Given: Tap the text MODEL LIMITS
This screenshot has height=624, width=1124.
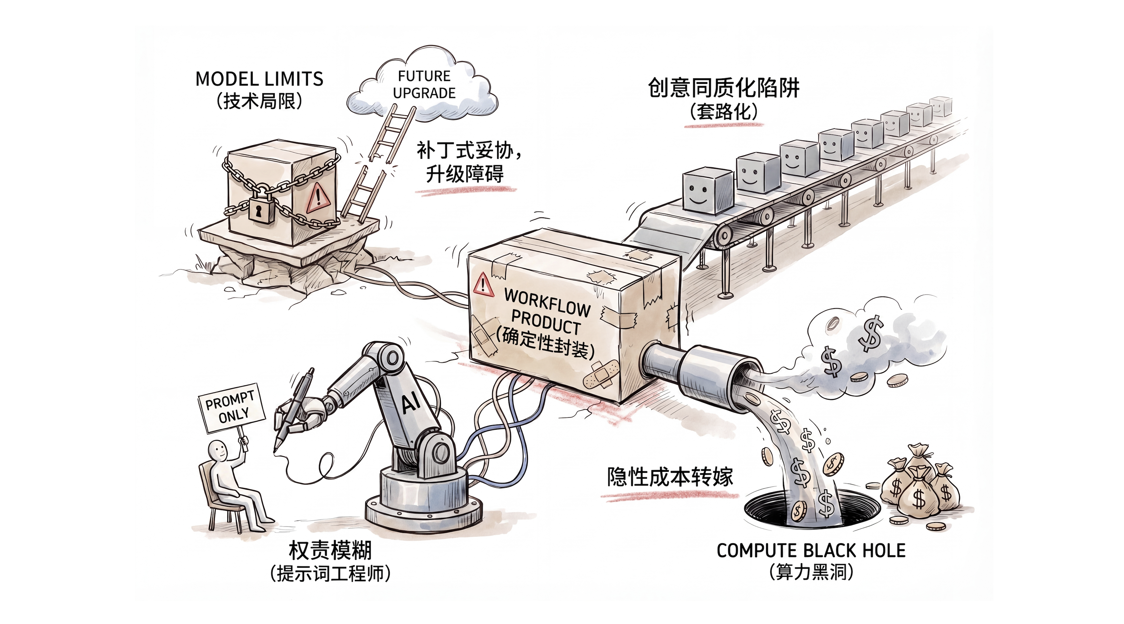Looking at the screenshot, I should [259, 79].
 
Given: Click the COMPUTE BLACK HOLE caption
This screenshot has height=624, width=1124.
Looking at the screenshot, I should [811, 551].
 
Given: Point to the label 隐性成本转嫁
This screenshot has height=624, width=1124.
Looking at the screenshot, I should [670, 477].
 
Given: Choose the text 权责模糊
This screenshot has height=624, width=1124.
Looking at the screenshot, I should [330, 551].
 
